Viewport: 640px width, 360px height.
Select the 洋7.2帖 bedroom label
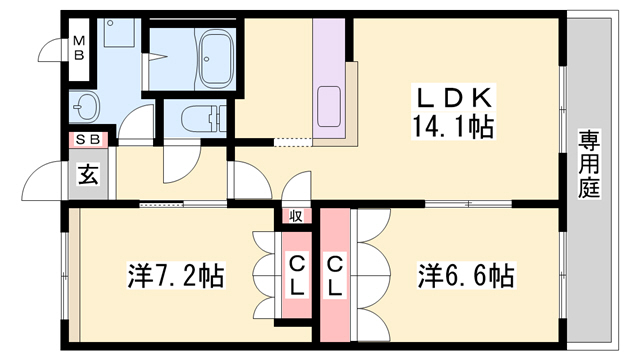click(175, 273)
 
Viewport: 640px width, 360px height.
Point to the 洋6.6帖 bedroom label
click(466, 273)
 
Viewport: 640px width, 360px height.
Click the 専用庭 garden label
click(588, 165)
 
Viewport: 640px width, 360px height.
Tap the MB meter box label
click(78, 47)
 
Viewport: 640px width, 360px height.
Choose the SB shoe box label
click(86, 141)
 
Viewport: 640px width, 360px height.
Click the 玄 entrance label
click(87, 176)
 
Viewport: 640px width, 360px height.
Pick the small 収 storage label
click(297, 215)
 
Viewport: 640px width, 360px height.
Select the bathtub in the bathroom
click(216, 58)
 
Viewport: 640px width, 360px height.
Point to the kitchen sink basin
click(330, 106)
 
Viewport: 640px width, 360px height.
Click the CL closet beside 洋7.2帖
click(297, 273)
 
